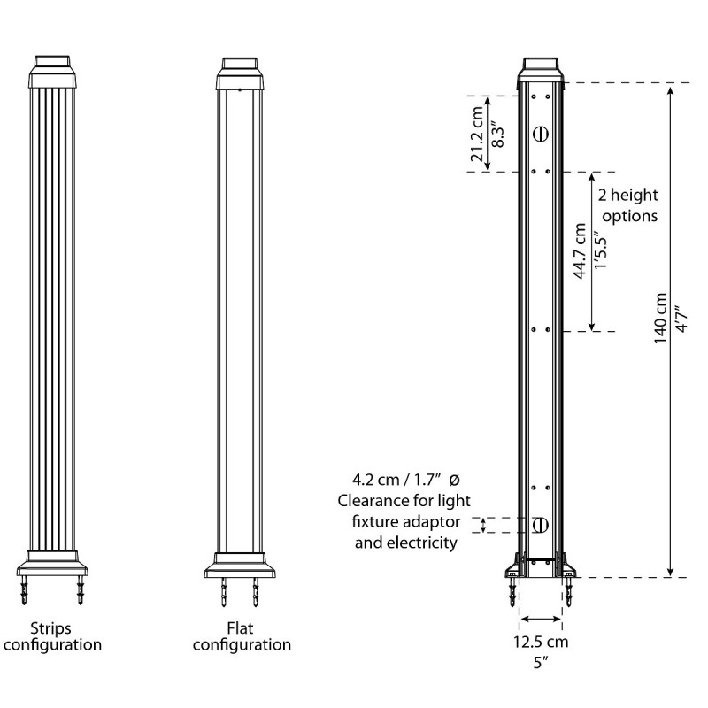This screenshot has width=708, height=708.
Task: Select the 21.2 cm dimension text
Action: [478, 134]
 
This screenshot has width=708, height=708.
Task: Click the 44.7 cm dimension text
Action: [581, 252]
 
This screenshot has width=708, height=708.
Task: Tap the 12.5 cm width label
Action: [541, 643]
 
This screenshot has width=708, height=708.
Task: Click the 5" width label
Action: [542, 662]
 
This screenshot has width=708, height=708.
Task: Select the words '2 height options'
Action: [627, 204]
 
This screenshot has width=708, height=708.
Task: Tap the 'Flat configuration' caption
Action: [242, 636]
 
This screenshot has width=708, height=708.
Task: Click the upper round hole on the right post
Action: [541, 134]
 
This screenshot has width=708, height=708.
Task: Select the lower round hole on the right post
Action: [541, 525]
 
